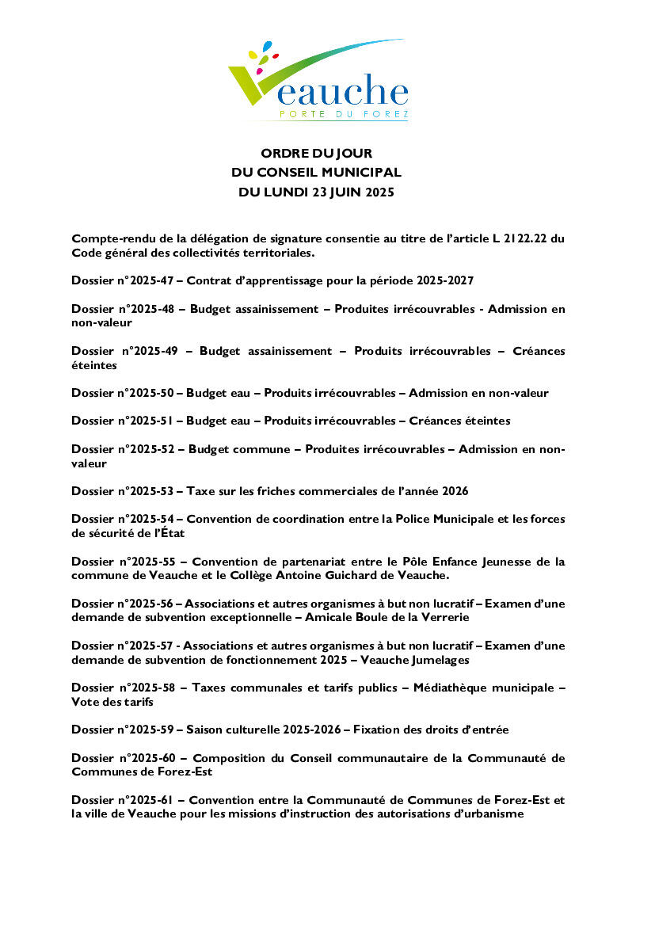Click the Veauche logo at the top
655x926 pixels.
point(318,80)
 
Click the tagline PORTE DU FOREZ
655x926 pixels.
point(344,115)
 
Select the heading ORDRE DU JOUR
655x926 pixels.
point(316,153)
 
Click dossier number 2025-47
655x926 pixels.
point(150,281)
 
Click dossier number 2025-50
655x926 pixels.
point(150,393)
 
